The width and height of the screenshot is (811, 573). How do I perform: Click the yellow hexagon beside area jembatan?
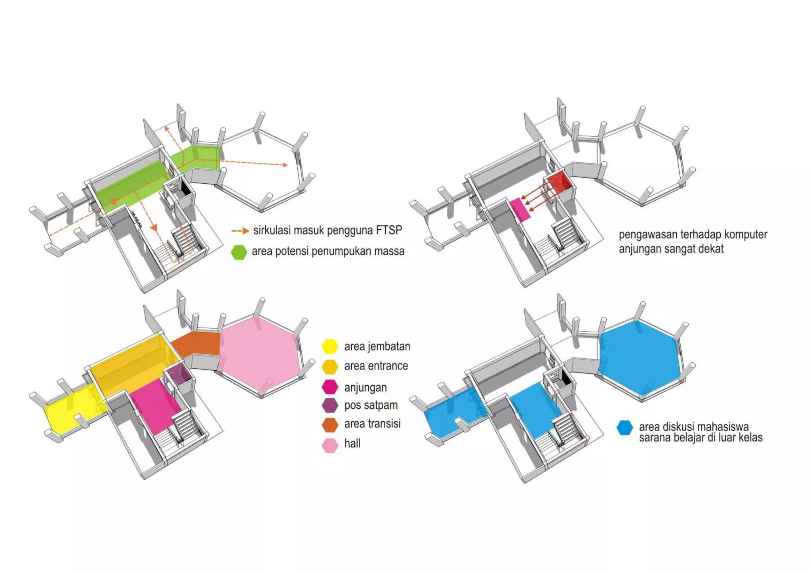329,346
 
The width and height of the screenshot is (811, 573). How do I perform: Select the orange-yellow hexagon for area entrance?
329,366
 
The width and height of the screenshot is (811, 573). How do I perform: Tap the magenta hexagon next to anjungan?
329,387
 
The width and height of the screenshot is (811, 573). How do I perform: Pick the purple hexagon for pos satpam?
329,405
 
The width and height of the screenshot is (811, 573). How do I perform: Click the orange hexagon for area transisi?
329,425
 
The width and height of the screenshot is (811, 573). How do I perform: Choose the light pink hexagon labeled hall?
329,445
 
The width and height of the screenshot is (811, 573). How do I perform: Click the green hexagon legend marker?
239,252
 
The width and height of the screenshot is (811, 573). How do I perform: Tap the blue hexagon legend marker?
624,428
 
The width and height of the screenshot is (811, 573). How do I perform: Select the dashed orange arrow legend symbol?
240,230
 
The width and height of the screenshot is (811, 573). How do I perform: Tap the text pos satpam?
371,405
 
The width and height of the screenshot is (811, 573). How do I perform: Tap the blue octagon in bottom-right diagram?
638,358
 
